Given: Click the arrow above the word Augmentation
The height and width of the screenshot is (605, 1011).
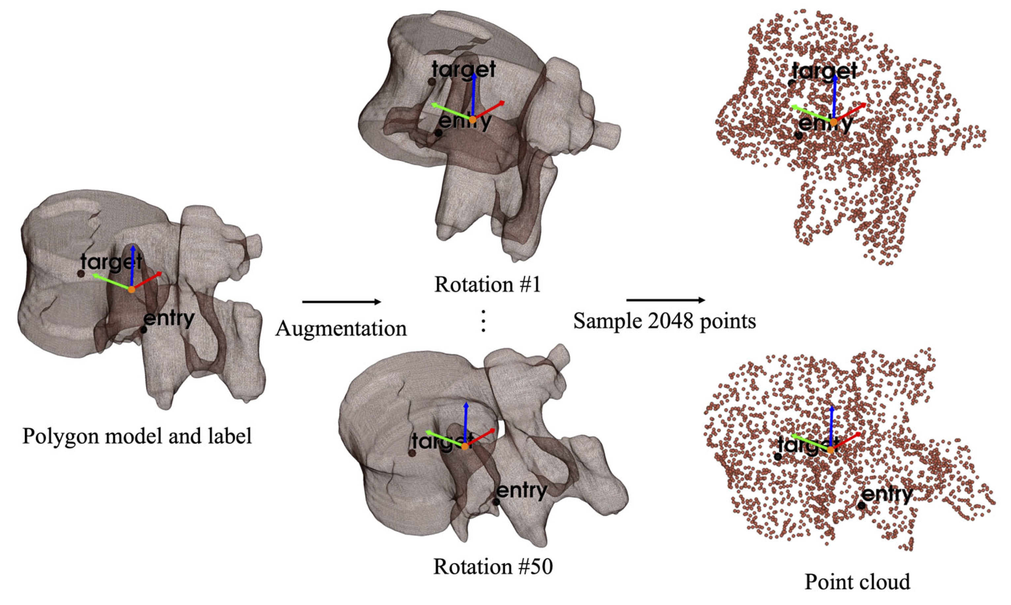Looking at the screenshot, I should pyautogui.click(x=341, y=302).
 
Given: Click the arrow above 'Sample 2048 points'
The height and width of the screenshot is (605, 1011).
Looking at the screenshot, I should pyautogui.click(x=665, y=300).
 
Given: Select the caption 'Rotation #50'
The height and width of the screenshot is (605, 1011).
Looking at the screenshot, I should pyautogui.click(x=493, y=567).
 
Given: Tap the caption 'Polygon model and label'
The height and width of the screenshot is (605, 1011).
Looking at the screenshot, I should pyautogui.click(x=137, y=436).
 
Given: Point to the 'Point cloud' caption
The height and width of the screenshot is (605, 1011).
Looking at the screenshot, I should pyautogui.click(x=857, y=582).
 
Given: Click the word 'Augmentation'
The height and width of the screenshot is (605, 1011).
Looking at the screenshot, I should pyautogui.click(x=341, y=328).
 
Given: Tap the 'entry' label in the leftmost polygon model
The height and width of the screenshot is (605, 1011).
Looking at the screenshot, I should pyautogui.click(x=169, y=319).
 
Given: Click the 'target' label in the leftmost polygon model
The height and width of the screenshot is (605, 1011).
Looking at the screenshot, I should pyautogui.click(x=111, y=261).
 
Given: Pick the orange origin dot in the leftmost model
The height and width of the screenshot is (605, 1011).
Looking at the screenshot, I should pyautogui.click(x=131, y=290).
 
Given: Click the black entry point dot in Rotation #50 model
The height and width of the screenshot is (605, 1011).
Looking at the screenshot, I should pyautogui.click(x=496, y=502).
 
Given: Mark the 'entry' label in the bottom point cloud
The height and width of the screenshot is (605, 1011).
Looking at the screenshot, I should pyautogui.click(x=888, y=495).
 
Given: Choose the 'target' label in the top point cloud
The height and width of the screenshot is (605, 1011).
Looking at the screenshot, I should pyautogui.click(x=824, y=72).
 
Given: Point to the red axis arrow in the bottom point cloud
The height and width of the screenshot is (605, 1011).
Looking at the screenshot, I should pyautogui.click(x=846, y=441).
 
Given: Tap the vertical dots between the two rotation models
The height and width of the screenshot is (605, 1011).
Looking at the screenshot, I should pyautogui.click(x=483, y=321).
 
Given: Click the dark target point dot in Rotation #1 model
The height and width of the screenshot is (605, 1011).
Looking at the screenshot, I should pyautogui.click(x=432, y=82).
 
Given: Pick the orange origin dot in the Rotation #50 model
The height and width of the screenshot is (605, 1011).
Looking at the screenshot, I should pyautogui.click(x=465, y=446).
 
